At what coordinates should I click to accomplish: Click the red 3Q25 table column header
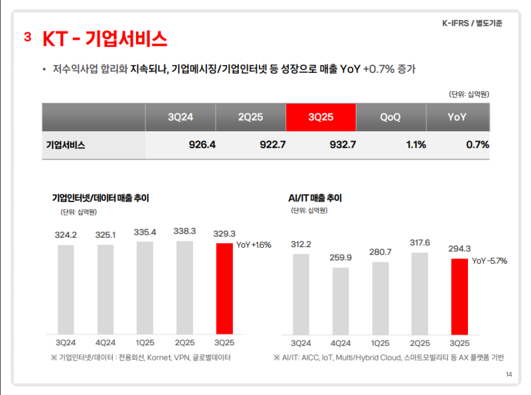tap(321, 117)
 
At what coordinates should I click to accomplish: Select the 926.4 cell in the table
tap(202, 144)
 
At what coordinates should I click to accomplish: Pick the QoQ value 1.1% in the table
tap(416, 144)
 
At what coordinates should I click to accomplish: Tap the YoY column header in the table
tap(457, 117)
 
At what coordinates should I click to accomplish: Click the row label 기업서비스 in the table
tap(66, 144)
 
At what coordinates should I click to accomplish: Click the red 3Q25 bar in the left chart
tap(224, 288)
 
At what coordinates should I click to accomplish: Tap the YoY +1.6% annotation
tap(254, 245)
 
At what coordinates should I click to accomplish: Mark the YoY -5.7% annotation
tap(489, 261)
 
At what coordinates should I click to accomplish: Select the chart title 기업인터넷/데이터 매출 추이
tap(100, 197)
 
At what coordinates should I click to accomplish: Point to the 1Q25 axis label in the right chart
tap(380, 343)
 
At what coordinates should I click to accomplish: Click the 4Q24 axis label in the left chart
tap(106, 343)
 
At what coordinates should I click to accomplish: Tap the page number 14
tap(508, 375)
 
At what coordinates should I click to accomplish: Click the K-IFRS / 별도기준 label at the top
tap(472, 23)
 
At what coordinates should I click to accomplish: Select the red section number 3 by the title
tap(28, 37)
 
